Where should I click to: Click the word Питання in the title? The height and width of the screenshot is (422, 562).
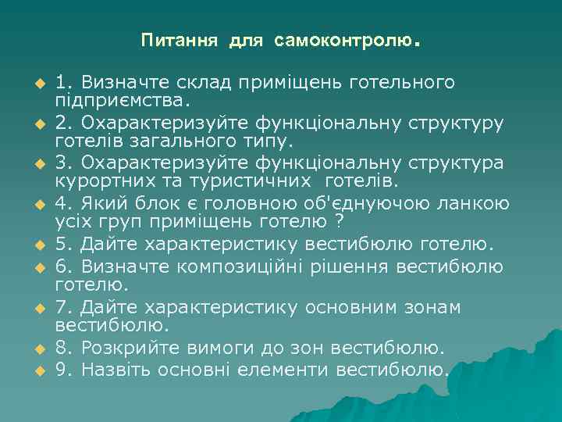(182, 39)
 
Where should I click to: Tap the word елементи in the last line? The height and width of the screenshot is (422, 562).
(286, 367)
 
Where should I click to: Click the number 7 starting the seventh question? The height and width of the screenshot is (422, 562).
(60, 306)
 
